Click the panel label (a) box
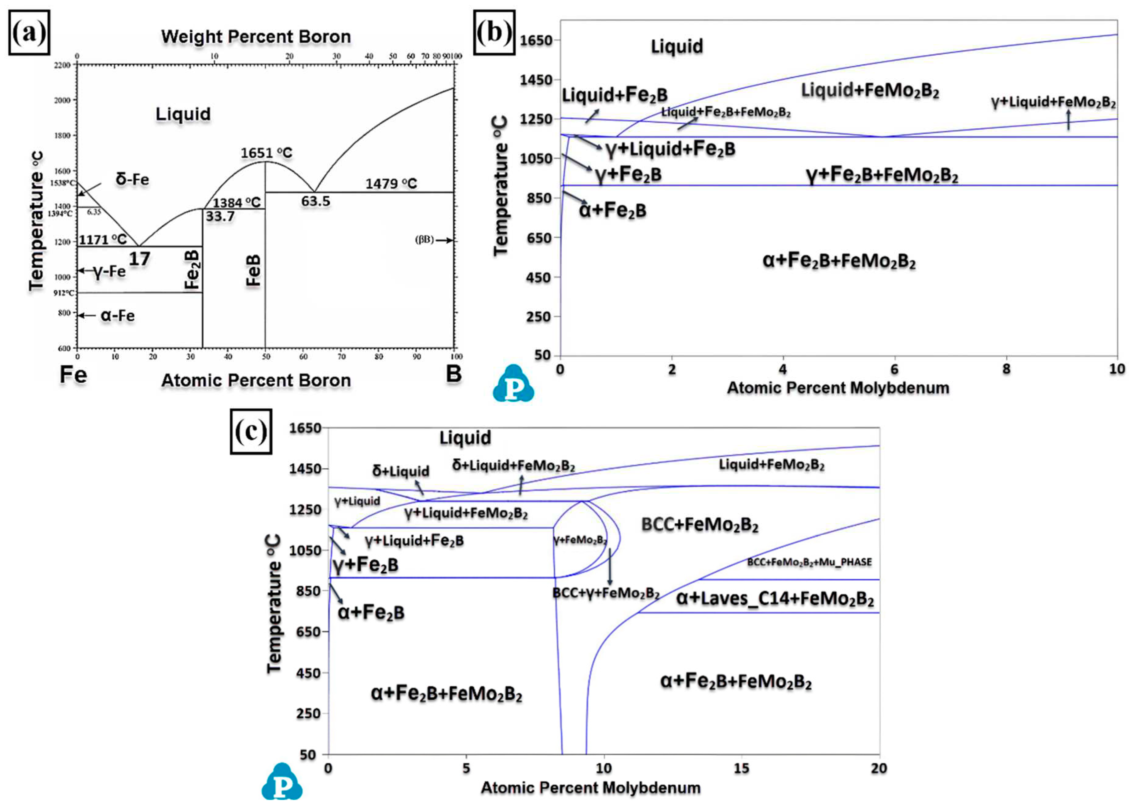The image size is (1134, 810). pos(29,33)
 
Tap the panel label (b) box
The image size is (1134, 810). pos(494,33)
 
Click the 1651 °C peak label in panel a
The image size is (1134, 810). pos(266,153)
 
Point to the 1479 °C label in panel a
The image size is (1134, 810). pos(391,184)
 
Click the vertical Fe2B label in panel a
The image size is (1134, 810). pos(193,270)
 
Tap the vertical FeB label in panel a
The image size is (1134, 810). pos(254,270)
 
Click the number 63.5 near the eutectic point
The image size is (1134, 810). pos(316,201)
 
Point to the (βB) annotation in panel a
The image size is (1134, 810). pos(424,240)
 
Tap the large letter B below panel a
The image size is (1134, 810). pos(453,374)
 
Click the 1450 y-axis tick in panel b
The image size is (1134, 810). pos(536,79)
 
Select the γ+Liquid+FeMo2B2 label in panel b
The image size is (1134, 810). pos(1053,102)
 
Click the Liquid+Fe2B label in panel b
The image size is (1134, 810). pos(615,95)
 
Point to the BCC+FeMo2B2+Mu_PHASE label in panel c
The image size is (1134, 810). pos(809,562)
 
